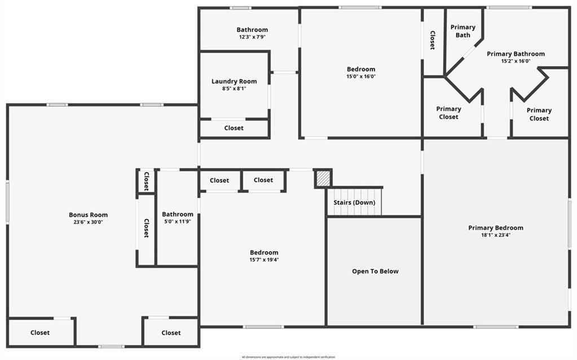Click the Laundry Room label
pos(234,81)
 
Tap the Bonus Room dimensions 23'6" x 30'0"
pos(88,222)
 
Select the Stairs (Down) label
pos(354,203)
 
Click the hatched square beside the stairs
pos(323,179)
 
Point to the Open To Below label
pos(375,271)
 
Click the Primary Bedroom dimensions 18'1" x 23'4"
pos(496,235)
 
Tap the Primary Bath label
pos(463,31)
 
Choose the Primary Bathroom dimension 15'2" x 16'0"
pos(516,62)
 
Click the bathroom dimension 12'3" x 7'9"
pos(252,37)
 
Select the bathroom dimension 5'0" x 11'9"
pos(178,222)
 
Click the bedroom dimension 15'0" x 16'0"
pos(361,77)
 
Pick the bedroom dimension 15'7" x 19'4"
pos(264,260)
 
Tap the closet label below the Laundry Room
pos(234,128)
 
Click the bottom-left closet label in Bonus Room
pos(40,333)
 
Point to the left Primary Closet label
pos(449,113)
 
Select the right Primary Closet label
pos(539,115)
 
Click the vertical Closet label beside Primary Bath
pos(433,41)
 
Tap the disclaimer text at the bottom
pos(288,357)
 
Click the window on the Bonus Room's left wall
pos(7,201)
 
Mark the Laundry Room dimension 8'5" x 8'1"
pos(234,89)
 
